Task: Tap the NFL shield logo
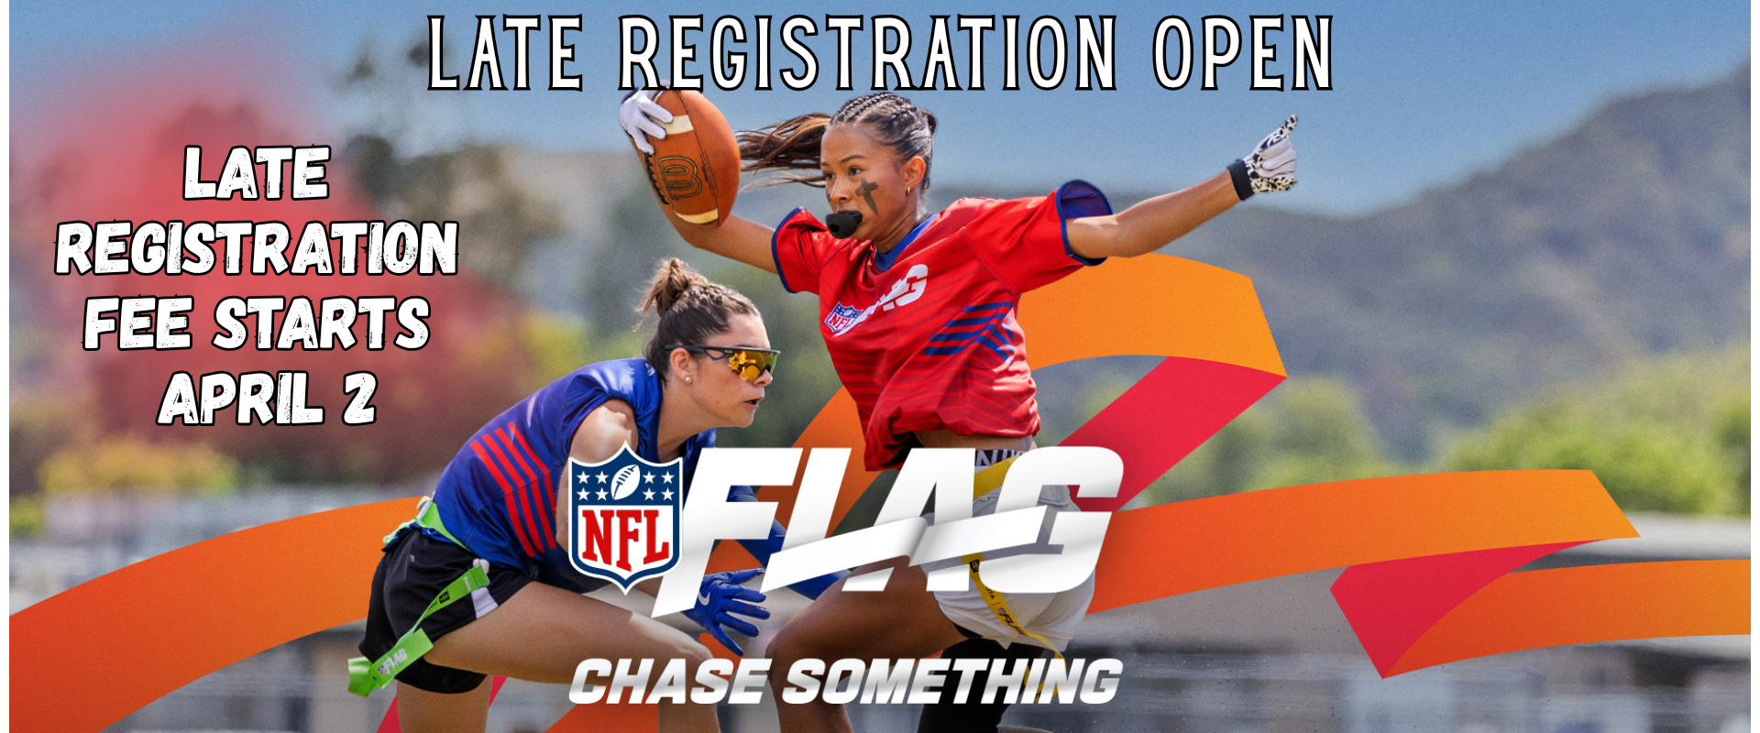pyautogui.click(x=625, y=519)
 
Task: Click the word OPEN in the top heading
pyautogui.click(x=1242, y=54)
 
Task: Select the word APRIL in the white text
pyautogui.click(x=241, y=399)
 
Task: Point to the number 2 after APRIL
pyautogui.click(x=360, y=399)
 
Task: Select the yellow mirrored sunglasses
pyautogui.click(x=738, y=361)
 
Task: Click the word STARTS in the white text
pyautogui.click(x=322, y=323)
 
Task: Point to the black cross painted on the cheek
pyautogui.click(x=866, y=194)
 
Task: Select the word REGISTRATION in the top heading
pyautogui.click(x=867, y=54)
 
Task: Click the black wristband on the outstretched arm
pyautogui.click(x=1240, y=180)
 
